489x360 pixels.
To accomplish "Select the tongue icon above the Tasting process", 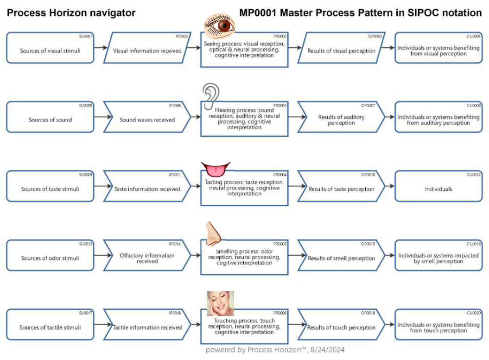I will pyautogui.click(x=215, y=170).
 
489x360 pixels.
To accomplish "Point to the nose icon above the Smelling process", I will pyautogui.click(x=212, y=234).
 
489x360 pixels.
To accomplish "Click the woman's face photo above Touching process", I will pyautogui.click(x=220, y=303).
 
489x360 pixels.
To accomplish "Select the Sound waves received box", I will pyautogui.click(x=147, y=120).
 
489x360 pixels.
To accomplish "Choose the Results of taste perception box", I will pyautogui.click(x=341, y=189).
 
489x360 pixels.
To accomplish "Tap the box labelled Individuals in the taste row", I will pyautogui.click(x=438, y=189).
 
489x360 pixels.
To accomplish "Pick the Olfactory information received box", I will pyautogui.click(x=147, y=258).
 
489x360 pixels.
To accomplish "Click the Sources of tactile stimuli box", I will pyautogui.click(x=50, y=327).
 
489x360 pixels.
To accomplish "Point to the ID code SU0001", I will pyautogui.click(x=86, y=36).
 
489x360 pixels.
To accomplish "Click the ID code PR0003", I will pyautogui.click(x=280, y=105).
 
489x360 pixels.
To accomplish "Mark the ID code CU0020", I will pyautogui.click(x=474, y=313).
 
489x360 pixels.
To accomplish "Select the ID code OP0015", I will pyautogui.click(x=368, y=244).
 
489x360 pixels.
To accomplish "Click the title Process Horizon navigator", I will pyautogui.click(x=71, y=13).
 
